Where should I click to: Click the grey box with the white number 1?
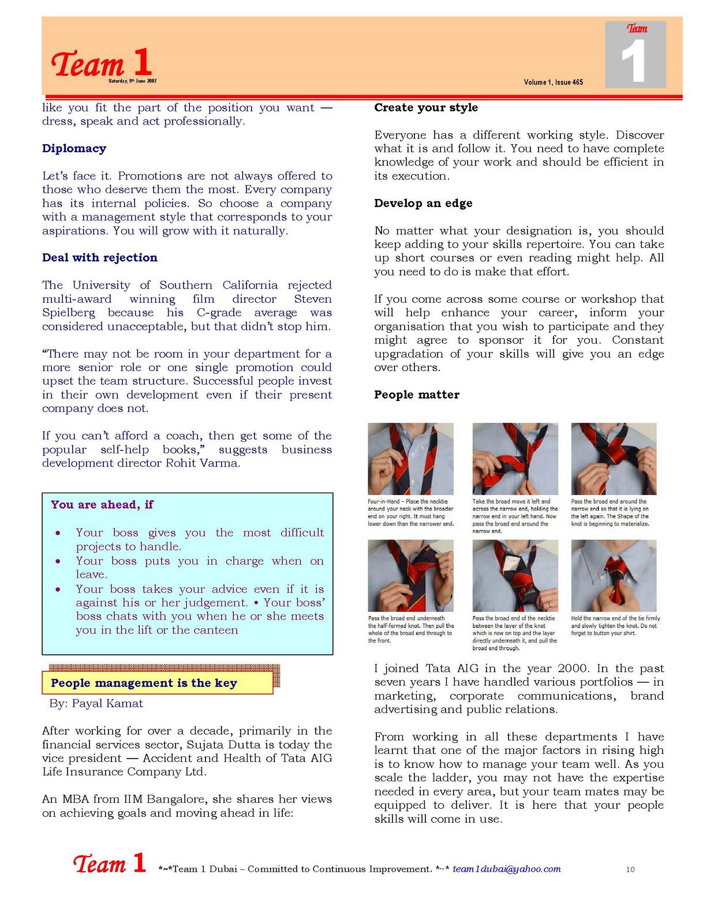point(636,55)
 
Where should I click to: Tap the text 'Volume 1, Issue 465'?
point(554,82)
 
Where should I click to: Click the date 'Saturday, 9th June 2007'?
point(132,81)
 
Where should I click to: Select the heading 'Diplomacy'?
point(74,149)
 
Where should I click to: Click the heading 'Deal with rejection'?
point(100,257)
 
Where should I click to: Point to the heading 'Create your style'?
point(426,108)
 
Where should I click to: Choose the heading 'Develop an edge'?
point(423,203)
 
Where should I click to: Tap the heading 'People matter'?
point(417,395)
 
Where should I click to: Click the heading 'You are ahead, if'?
point(102,505)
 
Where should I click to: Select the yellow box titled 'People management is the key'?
point(157,683)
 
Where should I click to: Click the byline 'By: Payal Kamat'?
point(96,704)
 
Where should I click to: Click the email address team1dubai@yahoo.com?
point(507,869)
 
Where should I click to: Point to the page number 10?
point(630,869)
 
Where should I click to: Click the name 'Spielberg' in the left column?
point(69,313)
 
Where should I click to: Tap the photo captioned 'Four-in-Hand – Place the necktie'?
point(410,459)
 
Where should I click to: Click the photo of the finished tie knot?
point(614,576)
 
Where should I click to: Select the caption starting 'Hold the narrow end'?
point(615,626)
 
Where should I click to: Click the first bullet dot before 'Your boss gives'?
point(58,533)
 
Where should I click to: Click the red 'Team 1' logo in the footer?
point(109,863)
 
